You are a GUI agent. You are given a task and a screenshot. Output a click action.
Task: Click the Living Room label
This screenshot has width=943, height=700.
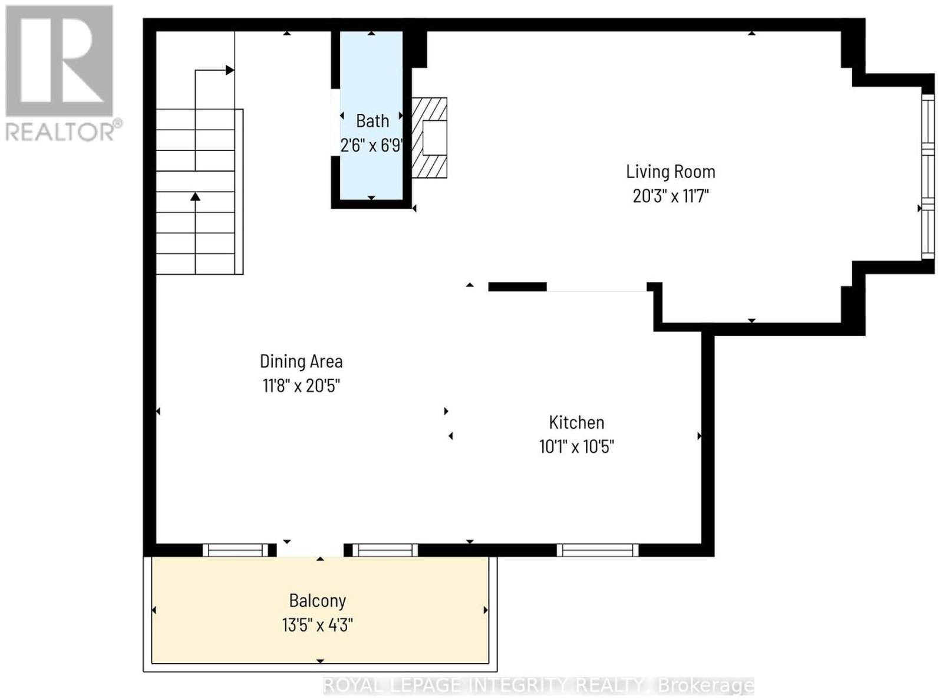671,172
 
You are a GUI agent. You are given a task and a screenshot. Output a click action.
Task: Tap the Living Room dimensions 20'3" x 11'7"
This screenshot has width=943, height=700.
671,196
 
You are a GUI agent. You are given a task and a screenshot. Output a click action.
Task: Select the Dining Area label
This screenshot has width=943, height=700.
301,361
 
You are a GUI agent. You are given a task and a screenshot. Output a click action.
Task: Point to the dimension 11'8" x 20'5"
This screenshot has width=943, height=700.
301,386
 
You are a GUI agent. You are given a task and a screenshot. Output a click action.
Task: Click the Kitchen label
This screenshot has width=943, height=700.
576,423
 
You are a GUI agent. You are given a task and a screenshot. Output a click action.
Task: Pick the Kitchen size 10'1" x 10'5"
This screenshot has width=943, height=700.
576,447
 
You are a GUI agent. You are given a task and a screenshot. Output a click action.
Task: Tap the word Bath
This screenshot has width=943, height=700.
372,121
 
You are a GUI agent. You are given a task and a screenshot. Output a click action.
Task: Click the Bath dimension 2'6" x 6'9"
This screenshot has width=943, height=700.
371,146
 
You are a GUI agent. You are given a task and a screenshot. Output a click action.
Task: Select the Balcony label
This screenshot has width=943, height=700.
318,601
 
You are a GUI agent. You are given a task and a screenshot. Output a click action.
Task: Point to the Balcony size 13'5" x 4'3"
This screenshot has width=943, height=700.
318,626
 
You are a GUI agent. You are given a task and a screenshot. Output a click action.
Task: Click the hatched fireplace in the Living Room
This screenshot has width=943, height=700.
428,138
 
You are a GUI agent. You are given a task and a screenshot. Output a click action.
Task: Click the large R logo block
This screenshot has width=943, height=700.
59,60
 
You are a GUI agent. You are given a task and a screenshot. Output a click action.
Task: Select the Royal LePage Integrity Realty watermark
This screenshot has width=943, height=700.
539,686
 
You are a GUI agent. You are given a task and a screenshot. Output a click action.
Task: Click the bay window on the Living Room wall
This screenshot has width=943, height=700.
928,176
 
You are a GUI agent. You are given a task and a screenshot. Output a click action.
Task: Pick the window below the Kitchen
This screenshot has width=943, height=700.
598,550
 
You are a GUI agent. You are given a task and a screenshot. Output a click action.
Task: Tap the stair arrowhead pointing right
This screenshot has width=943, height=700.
230,70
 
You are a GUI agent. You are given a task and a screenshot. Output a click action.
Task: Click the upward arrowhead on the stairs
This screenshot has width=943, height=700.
195,196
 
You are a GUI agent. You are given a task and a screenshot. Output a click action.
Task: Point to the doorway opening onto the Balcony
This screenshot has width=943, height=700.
310,550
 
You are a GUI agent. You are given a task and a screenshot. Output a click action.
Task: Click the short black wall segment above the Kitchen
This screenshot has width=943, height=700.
517,287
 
